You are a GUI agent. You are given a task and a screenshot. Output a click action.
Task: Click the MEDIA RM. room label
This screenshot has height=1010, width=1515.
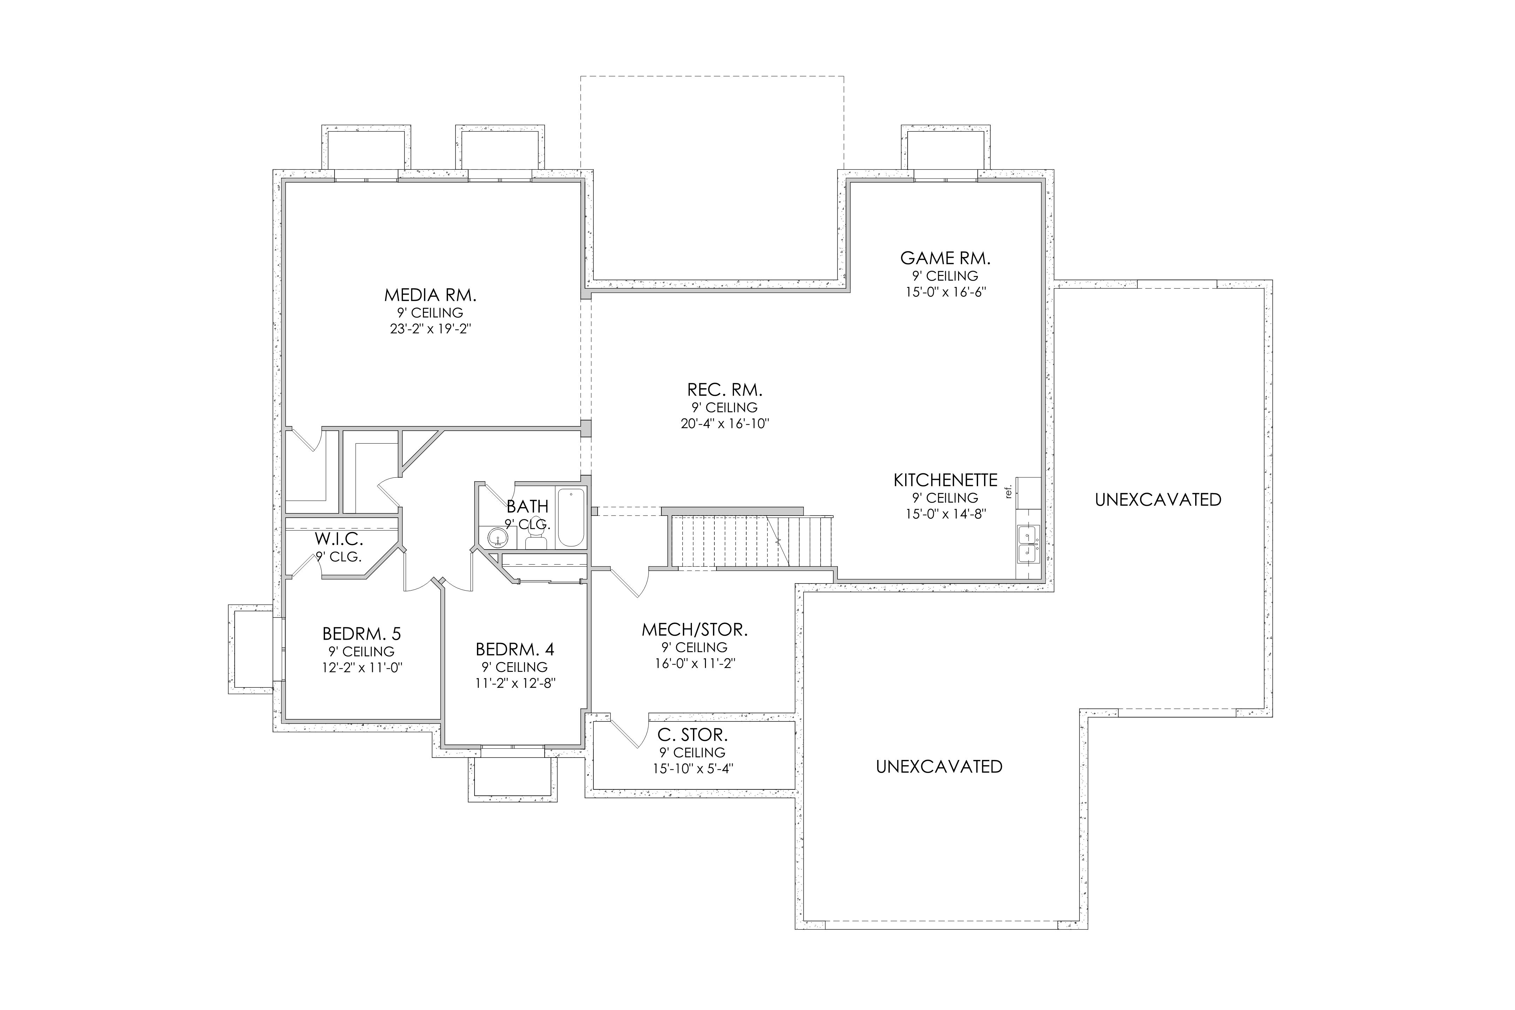pos(430,296)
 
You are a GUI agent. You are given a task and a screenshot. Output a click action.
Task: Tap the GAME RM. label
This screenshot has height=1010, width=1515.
pos(945,258)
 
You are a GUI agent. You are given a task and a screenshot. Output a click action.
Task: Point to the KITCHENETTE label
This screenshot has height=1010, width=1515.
pos(945,480)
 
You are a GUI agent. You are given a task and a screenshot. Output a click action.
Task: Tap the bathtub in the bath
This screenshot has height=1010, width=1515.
pos(571,518)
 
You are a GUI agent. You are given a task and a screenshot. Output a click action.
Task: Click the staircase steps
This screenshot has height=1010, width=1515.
pos(752,541)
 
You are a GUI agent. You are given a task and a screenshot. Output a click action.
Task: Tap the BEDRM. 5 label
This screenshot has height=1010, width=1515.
pos(361,633)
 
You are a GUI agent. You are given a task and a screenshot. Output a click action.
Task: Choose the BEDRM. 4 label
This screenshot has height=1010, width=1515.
pos(515,649)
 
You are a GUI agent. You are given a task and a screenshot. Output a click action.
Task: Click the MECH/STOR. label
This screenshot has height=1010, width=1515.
pos(694,629)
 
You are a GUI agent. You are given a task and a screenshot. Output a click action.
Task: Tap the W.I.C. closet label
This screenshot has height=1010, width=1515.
pos(339,539)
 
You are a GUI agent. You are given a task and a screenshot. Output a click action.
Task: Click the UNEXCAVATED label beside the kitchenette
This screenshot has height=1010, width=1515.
pos(1158,500)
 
